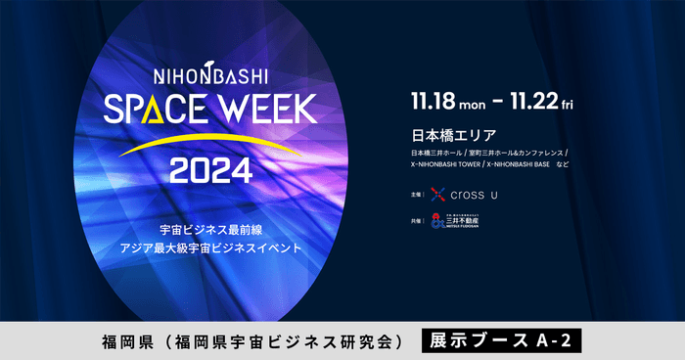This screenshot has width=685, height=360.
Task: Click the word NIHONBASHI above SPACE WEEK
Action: click(x=212, y=74)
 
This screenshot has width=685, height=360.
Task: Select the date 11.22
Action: click(x=539, y=101)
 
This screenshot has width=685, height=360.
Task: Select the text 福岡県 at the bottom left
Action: click(x=122, y=341)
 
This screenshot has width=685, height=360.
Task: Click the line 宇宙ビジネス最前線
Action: click(x=211, y=229)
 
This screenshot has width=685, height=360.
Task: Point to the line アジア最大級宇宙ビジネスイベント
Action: click(x=211, y=248)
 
